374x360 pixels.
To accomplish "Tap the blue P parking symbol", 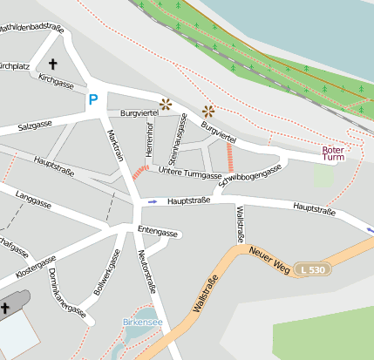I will pyautogui.click(x=92, y=100).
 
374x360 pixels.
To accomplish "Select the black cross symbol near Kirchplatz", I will pyautogui.click(x=52, y=64).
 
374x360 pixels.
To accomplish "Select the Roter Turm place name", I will pyautogui.click(x=333, y=153).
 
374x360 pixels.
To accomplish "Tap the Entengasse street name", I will pyautogui.click(x=158, y=233).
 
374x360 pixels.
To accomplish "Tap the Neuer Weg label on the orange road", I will pyautogui.click(x=269, y=259).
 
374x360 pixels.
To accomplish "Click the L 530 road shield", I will pyautogui.click(x=309, y=270).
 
